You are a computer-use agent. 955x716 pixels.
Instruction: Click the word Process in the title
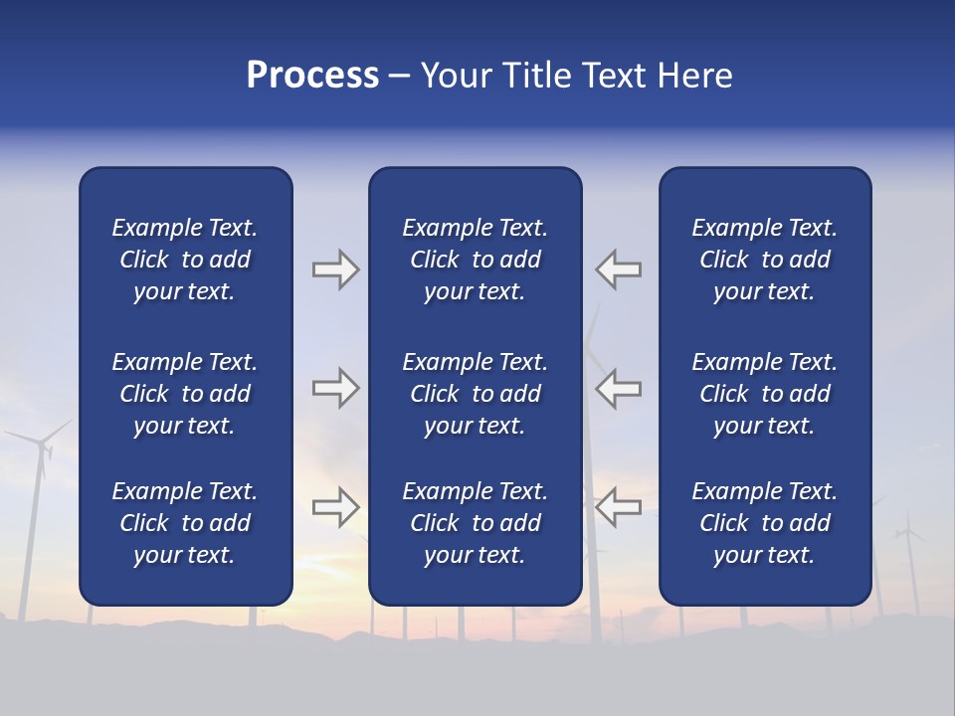[312, 76]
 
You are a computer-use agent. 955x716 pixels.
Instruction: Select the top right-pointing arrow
[335, 269]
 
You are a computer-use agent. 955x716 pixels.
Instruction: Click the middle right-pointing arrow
[335, 388]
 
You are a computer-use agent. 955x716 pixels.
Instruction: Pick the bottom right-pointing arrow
[335, 507]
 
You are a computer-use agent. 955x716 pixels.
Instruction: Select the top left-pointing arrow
[619, 269]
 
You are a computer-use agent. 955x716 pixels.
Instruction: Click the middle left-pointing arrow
[619, 388]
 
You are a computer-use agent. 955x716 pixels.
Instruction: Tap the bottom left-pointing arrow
[619, 507]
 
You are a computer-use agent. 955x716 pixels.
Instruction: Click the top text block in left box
[185, 260]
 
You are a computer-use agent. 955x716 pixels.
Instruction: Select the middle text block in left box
[185, 394]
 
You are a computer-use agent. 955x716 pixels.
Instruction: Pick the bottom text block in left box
[185, 523]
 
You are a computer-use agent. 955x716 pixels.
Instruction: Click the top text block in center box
[475, 260]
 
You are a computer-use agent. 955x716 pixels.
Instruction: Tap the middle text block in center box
[475, 394]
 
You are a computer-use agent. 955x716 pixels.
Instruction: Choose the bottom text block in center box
[475, 523]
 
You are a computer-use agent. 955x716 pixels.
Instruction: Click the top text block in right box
[764, 260]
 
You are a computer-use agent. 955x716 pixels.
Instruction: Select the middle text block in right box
[764, 394]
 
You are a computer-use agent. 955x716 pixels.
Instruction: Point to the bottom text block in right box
[764, 523]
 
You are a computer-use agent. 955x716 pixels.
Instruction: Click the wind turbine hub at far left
[42, 445]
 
